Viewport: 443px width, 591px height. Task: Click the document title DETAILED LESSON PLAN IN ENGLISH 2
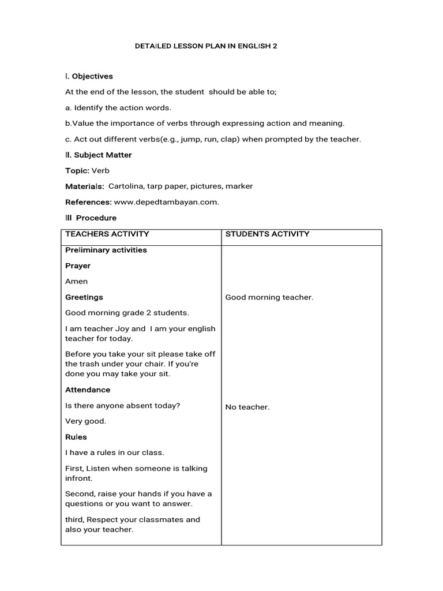tap(206, 45)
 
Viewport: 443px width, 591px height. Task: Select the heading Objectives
tap(92, 76)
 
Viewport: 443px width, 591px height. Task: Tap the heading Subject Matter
tap(102, 155)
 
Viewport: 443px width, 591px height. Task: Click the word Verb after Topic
tap(100, 171)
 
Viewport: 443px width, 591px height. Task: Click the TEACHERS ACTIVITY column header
tap(107, 234)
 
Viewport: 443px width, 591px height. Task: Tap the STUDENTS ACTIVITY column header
tap(267, 234)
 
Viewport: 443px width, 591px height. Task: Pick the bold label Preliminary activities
tap(106, 250)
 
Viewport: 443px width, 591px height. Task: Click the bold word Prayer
tap(78, 266)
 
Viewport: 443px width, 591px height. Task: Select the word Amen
tap(77, 282)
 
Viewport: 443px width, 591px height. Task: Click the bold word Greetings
tap(84, 297)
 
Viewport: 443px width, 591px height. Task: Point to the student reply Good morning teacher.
tap(269, 297)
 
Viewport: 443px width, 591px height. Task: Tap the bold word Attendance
tap(88, 390)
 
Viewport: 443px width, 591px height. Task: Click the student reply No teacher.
tap(247, 407)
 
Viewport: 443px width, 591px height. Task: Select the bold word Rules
tap(76, 437)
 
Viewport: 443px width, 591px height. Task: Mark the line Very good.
tap(86, 421)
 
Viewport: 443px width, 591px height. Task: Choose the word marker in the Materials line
tap(239, 186)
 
